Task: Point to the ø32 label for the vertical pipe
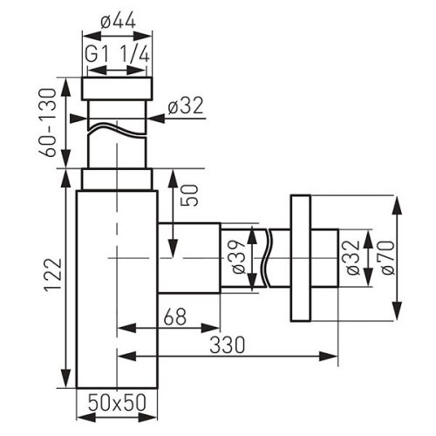[185, 106]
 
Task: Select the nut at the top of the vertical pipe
[117, 88]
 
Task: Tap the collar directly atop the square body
[117, 179]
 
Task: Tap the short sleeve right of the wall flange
[324, 259]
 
